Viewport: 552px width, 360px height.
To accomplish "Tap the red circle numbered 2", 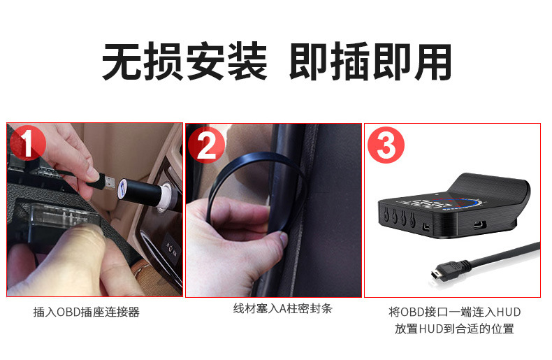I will click(206, 145).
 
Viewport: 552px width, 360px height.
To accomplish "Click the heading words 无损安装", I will click(184, 62).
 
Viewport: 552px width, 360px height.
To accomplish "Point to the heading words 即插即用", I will click(370, 62).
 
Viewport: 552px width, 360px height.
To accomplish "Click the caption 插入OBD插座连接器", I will click(87, 312).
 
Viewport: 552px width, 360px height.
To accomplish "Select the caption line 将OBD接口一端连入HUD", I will click(455, 312).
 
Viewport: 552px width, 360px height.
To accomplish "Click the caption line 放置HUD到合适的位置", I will click(455, 329).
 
